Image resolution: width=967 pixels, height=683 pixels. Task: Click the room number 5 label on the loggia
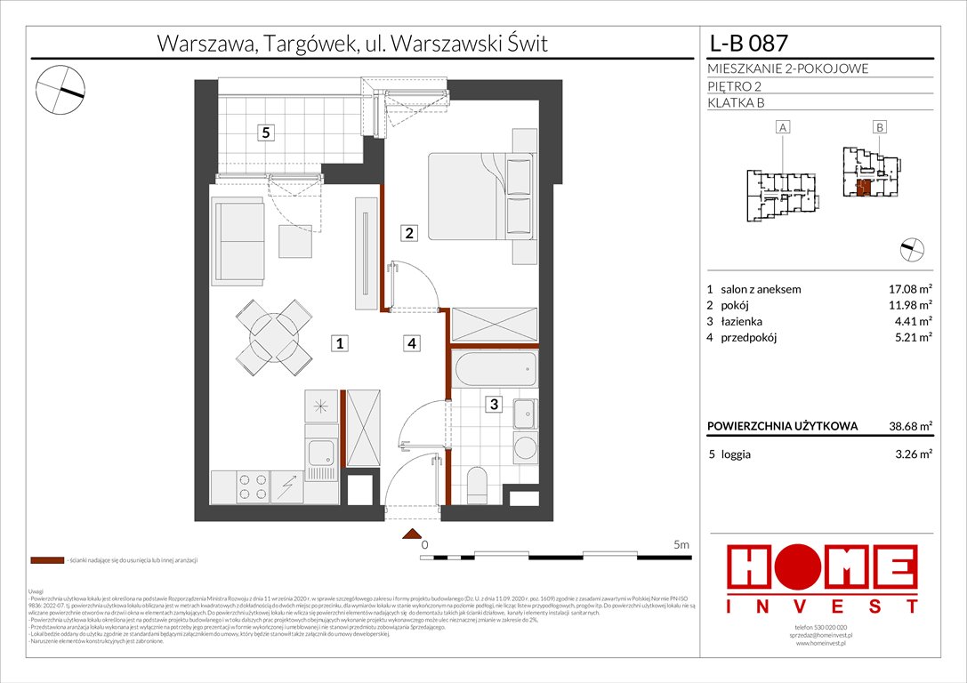(265, 133)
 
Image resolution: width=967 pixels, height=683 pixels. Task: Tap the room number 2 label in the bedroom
(408, 234)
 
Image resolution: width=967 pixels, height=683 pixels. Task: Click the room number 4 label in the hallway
(409, 342)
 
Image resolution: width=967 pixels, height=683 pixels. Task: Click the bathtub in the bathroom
(494, 368)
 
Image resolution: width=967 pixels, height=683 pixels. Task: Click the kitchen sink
(318, 458)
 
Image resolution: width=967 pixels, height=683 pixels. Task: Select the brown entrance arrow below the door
(411, 534)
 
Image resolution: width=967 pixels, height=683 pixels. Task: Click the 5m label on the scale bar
(681, 544)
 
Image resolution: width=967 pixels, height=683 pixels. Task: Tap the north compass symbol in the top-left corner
(60, 89)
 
